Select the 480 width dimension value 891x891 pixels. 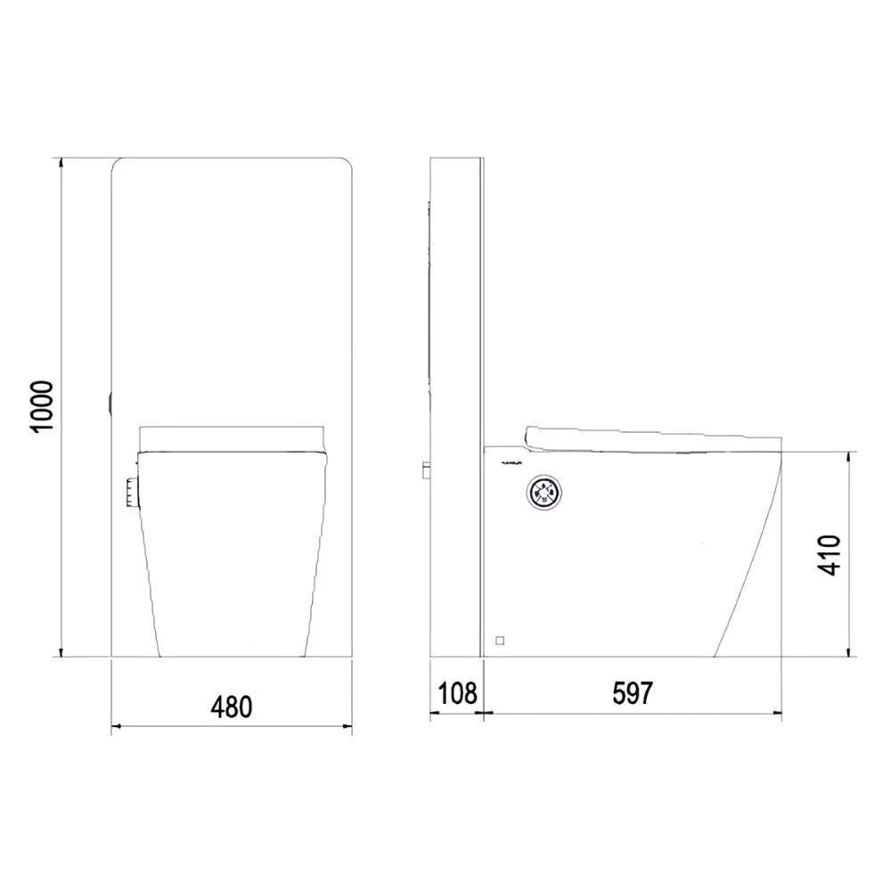point(232,707)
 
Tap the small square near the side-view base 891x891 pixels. point(500,639)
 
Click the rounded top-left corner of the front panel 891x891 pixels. point(117,164)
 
